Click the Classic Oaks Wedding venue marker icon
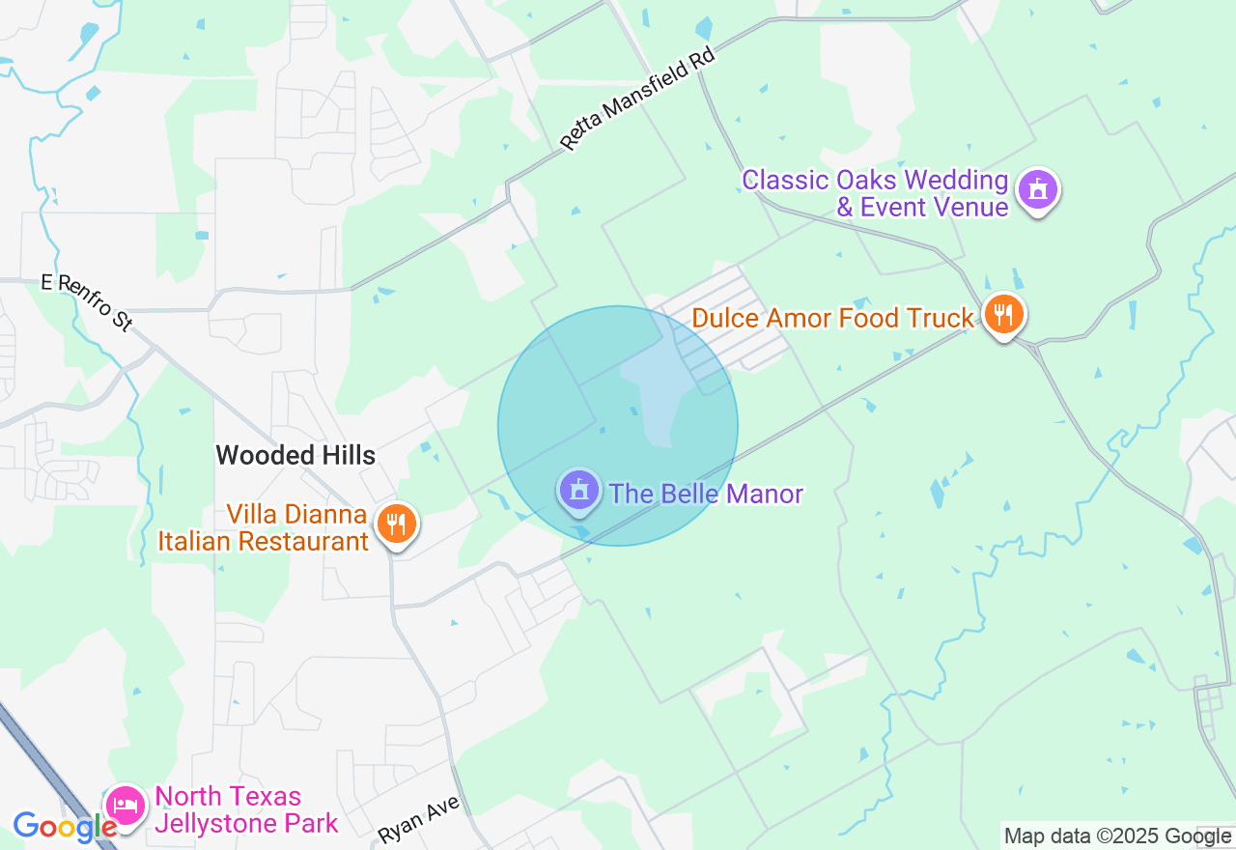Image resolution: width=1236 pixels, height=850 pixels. [1037, 189]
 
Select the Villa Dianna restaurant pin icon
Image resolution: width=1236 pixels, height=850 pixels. [395, 524]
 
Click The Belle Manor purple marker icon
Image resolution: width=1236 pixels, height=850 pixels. [578, 491]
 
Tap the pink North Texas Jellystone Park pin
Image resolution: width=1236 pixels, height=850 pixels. [126, 805]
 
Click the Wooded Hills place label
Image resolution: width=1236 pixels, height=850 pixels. [295, 455]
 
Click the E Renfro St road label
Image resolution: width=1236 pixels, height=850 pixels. [87, 301]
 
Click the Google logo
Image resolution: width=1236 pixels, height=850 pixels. [65, 827]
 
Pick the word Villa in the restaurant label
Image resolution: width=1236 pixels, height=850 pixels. [252, 514]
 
